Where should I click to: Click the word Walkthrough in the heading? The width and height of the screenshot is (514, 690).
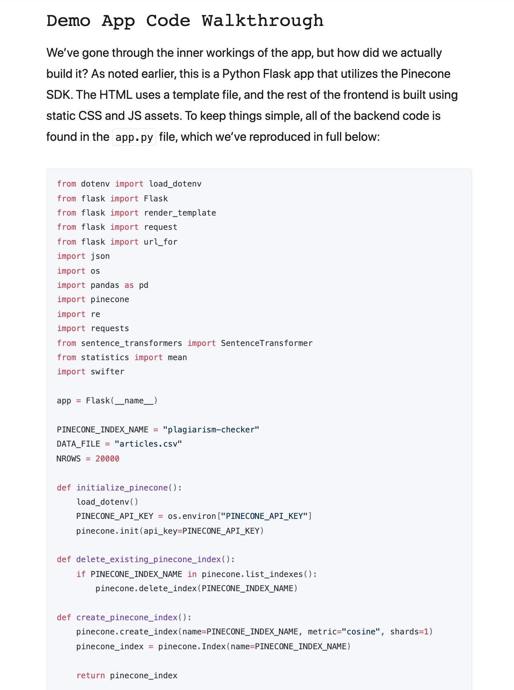(262, 21)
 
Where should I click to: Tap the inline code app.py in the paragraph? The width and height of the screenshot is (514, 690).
(134, 137)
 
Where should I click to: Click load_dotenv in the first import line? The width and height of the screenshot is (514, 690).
(175, 184)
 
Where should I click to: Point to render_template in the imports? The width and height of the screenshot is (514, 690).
(180, 213)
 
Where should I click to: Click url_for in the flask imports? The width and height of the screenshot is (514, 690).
(160, 242)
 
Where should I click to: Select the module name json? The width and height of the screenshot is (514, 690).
(100, 256)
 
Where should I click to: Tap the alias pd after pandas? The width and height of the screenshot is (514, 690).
(144, 285)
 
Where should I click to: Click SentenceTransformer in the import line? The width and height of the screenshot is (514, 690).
(267, 343)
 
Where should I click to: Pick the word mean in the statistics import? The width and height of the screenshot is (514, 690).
(177, 358)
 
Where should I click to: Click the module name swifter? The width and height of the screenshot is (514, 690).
(107, 372)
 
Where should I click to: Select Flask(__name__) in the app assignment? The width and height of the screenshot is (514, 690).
(122, 401)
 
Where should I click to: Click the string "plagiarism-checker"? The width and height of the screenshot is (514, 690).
(211, 430)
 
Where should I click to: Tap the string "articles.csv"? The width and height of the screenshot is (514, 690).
(148, 444)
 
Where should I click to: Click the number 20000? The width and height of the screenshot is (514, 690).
(107, 459)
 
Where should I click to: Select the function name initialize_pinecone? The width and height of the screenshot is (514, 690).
(122, 488)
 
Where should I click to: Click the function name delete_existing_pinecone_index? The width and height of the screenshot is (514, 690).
(149, 560)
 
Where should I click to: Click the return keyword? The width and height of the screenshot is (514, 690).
(90, 676)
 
